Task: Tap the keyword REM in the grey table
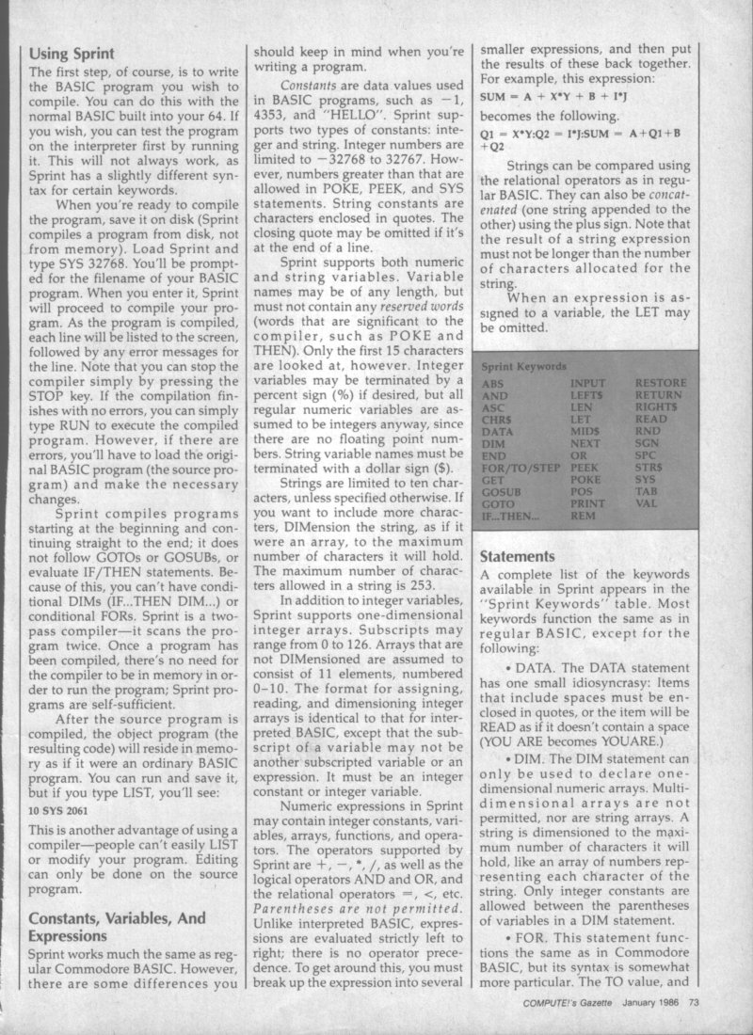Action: click(x=583, y=517)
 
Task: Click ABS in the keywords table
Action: click(x=492, y=384)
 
